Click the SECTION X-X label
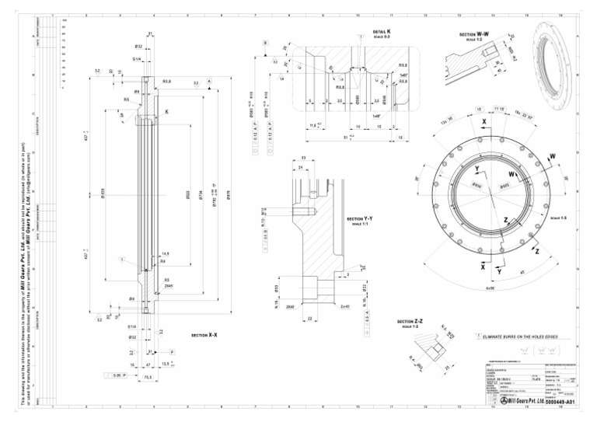click(x=204, y=335)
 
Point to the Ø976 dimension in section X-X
click(x=228, y=199)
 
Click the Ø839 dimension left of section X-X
click(x=93, y=191)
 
